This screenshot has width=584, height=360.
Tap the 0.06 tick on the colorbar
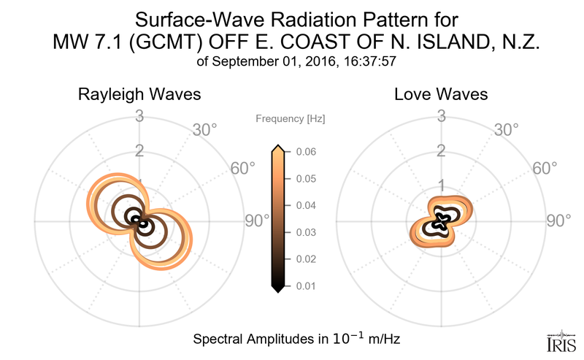(x=306, y=152)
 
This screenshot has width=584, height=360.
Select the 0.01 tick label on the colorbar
(x=306, y=286)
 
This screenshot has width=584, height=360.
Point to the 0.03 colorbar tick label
(x=306, y=232)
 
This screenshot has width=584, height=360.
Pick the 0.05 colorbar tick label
(x=306, y=179)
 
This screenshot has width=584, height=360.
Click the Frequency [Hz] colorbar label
(x=290, y=118)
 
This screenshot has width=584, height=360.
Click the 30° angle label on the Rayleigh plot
(x=204, y=130)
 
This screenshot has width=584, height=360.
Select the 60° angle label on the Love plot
(x=540, y=169)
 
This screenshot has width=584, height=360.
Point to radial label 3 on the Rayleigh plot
(x=139, y=115)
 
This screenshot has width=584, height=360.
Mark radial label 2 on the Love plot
(x=441, y=150)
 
